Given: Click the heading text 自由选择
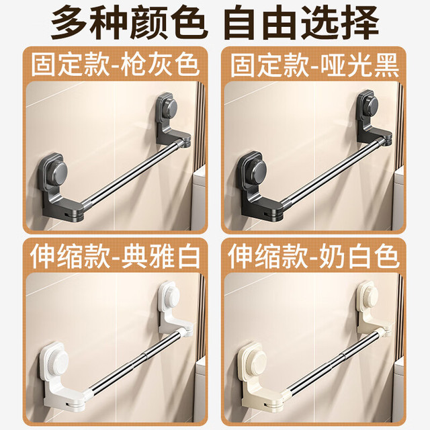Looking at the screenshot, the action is [x=301, y=23].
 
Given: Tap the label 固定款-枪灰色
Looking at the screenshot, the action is [x=115, y=65].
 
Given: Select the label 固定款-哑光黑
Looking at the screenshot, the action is [x=314, y=65].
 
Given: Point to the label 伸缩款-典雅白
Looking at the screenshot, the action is [x=115, y=257].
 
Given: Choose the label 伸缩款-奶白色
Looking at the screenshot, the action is [x=314, y=257].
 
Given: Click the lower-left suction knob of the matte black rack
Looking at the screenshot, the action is [x=255, y=168].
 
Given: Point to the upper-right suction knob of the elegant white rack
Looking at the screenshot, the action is [x=170, y=297].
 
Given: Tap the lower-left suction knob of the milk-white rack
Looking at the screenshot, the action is [x=255, y=360].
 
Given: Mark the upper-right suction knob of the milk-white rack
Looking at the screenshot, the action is [x=368, y=296].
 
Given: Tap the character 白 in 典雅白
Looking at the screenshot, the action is [x=189, y=257].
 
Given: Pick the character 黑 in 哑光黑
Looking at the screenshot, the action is [x=387, y=65].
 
